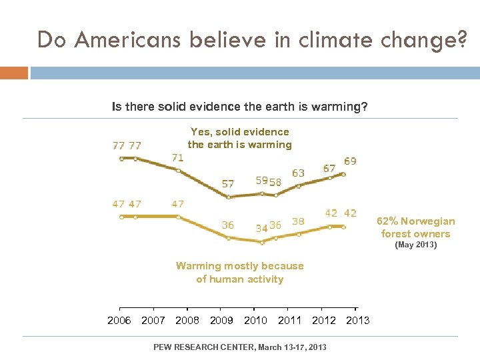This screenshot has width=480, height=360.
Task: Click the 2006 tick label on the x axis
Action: (x=119, y=321)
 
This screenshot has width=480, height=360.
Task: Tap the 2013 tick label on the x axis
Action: (x=357, y=321)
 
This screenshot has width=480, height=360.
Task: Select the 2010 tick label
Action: (x=255, y=321)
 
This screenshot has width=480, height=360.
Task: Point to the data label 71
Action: (x=178, y=158)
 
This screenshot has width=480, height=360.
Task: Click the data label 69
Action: (x=350, y=161)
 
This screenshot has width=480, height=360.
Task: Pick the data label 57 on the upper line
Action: (x=228, y=183)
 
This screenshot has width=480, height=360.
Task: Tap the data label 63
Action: (x=298, y=173)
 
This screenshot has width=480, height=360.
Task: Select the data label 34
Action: (x=262, y=228)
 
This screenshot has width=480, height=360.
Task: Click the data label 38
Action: (x=298, y=221)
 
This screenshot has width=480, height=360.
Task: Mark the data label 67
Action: (x=329, y=169)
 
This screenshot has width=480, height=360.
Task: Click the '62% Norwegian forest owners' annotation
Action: (x=415, y=227)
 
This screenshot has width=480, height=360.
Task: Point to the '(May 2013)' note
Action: (x=415, y=245)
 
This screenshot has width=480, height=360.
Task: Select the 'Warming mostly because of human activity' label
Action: (x=239, y=272)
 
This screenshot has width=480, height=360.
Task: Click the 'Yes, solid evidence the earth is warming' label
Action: (x=239, y=138)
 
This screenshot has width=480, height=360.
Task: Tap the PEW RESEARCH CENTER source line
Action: (x=239, y=347)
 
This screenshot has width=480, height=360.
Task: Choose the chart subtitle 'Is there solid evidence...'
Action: (x=239, y=106)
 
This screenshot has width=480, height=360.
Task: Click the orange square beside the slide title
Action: (x=14, y=72)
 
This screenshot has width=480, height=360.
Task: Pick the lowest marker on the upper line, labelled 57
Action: (x=229, y=197)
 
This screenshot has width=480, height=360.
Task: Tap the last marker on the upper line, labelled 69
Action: (x=343, y=173)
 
